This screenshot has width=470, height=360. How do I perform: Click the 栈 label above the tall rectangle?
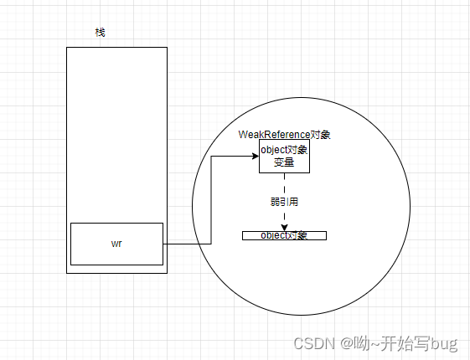coord(101,32)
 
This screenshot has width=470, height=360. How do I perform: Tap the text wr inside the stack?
coord(116,244)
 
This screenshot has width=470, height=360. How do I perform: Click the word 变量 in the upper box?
coord(284,162)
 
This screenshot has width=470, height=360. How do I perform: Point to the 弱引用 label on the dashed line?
coord(284,202)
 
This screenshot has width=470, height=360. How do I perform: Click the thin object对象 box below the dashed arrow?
coord(284,235)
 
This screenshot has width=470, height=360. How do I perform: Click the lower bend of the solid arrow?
coord(210,244)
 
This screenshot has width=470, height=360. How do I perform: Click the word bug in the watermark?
coord(445,343)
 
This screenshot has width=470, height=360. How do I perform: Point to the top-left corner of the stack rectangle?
coord(67,48)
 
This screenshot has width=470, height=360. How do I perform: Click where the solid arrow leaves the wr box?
coord(163,244)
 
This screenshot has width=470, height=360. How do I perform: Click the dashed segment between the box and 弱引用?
coord(284,183)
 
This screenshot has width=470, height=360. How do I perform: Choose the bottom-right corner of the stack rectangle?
coord(167,273)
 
